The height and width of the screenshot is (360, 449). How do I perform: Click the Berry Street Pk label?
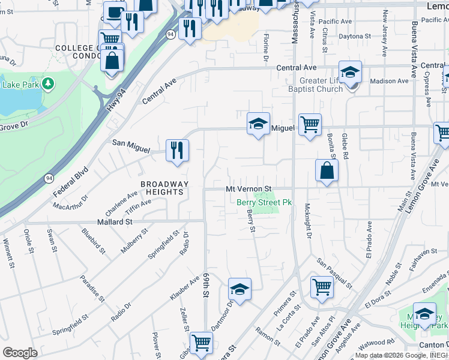264,203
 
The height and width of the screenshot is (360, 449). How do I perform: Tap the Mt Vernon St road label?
249,188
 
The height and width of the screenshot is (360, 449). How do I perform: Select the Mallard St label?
115,222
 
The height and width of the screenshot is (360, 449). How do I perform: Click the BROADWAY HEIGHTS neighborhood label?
164,187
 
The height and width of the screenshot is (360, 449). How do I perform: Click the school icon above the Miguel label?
259,124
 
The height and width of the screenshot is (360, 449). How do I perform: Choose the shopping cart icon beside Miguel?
310,125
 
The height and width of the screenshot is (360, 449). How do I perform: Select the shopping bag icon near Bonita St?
327,170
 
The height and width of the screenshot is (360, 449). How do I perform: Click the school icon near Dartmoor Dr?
240,290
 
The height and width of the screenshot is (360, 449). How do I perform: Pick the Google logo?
20,352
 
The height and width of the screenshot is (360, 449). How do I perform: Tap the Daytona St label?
354,37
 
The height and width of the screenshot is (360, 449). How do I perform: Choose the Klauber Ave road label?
184,288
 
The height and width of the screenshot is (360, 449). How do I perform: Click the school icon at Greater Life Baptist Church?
349,72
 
